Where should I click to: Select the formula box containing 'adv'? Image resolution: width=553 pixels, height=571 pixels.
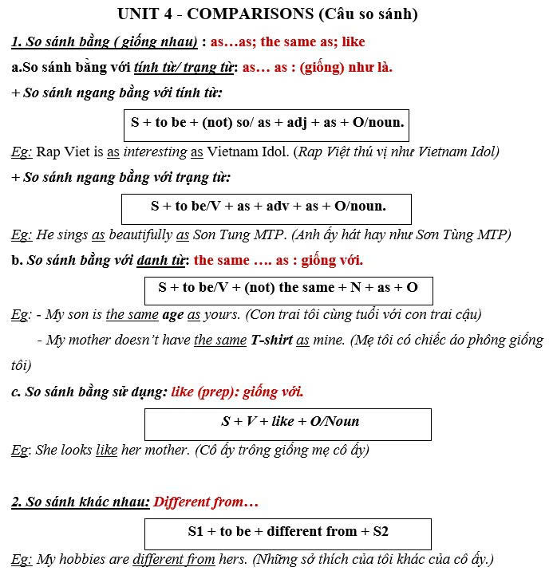click(267, 207)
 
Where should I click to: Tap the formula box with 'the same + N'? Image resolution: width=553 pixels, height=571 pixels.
click(287, 288)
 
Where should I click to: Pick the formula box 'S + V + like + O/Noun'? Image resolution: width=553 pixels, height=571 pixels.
click(289, 422)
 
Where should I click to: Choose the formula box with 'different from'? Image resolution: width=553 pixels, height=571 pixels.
click(287, 532)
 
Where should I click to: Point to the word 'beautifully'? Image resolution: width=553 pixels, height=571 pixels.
click(140, 234)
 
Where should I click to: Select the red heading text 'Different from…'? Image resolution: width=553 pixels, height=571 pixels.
click(206, 502)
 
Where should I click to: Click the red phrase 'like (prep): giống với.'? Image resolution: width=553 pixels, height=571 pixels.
click(237, 392)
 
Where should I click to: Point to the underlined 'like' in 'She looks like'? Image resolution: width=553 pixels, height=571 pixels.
click(106, 450)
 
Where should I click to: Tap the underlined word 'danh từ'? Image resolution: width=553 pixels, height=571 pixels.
click(162, 261)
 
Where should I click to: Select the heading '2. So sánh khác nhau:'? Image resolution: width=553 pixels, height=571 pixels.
click(80, 502)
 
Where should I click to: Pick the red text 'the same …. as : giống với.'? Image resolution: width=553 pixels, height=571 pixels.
click(278, 261)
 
